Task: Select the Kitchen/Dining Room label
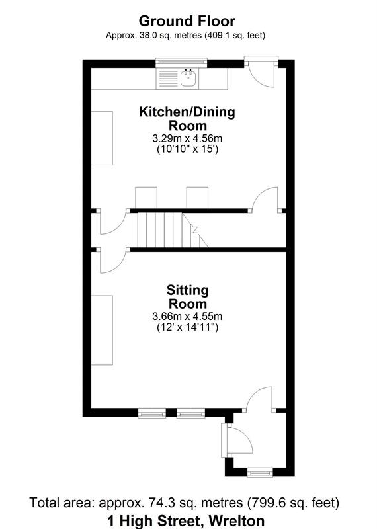[186, 118]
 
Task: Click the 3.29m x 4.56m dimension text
[186, 138]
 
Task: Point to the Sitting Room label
[188, 297]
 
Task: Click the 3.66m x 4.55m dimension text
[188, 316]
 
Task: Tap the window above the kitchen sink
[182, 63]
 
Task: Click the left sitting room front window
[151, 414]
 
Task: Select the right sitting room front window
[190, 414]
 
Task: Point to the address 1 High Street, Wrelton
[188, 519]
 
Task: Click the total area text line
[188, 503]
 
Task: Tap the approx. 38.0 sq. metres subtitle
[188, 35]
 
